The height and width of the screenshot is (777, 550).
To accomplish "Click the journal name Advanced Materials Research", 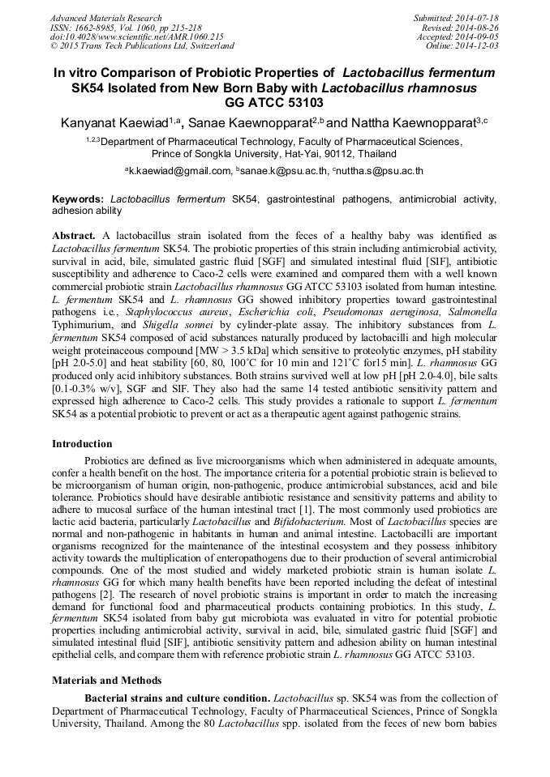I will tap(105, 18).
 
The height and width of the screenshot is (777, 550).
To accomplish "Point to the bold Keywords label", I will tap(79, 199).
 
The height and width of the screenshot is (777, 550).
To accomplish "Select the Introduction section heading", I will tap(82, 444).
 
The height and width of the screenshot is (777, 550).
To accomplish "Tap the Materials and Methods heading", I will tap(106, 681).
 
